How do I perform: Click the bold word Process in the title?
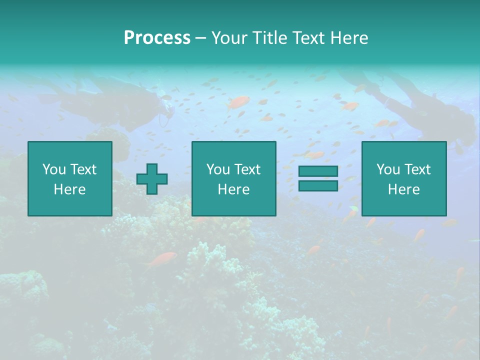coord(157,38)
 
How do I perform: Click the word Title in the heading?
coord(270,38)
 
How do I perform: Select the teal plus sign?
coord(152,179)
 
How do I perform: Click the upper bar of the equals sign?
coord(318,171)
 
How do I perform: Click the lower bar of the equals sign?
coord(318,186)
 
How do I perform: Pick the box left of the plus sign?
coord(69,178)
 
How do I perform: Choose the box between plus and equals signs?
coord(233,178)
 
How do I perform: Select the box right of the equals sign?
coord(403,178)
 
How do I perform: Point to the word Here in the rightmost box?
coord(403,189)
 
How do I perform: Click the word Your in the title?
coord(230,38)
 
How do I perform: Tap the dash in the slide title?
coord(200,38)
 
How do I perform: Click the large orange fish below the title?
coord(238,102)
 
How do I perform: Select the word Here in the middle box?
coord(233,189)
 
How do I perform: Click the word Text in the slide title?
coord(309,38)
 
